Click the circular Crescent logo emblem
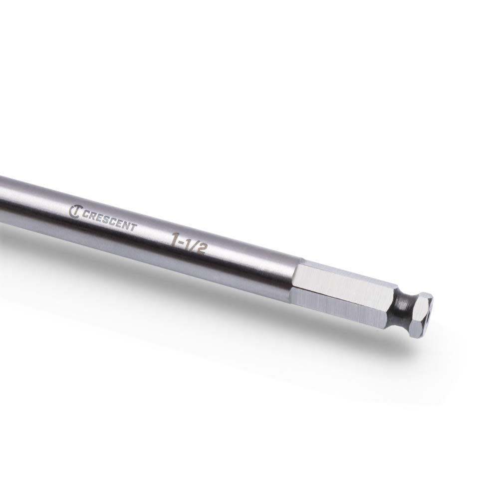(75, 211)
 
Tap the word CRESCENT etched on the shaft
(109, 220)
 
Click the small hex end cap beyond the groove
(422, 314)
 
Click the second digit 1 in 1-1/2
(188, 245)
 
